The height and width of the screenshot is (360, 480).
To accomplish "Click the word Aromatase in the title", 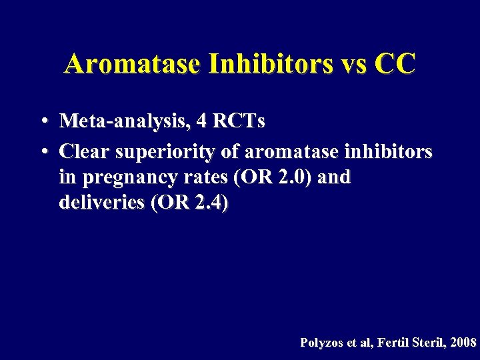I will (x=133, y=65).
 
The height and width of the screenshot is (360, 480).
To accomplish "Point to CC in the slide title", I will (x=395, y=65).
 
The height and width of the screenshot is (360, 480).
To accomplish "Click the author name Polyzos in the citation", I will (x=321, y=343).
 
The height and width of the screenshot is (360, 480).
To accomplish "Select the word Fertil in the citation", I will (x=395, y=343).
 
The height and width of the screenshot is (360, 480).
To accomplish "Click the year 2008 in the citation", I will (x=464, y=343).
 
